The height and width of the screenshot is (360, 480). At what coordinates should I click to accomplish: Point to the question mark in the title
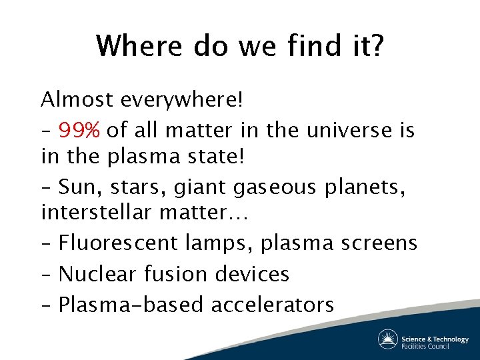(x=375, y=46)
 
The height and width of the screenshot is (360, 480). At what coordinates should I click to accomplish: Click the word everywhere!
(x=182, y=100)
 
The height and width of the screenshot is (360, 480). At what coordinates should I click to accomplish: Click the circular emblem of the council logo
(x=388, y=339)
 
